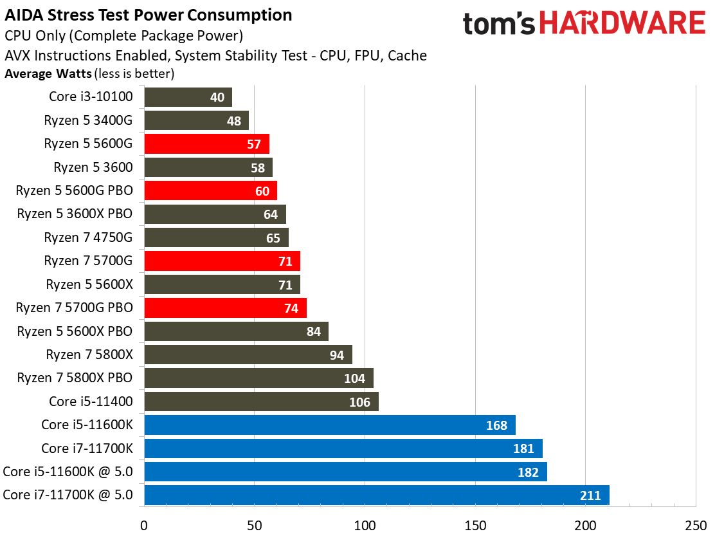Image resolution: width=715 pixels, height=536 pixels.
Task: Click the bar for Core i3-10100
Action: point(188,97)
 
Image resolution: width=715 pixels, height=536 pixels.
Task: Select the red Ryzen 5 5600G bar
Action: point(206,143)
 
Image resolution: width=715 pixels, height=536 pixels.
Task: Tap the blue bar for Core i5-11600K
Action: point(330,425)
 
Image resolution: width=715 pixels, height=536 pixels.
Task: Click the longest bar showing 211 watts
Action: point(376,495)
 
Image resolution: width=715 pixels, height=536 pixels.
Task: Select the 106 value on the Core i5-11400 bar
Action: point(360,402)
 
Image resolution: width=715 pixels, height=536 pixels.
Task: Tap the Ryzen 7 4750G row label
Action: point(88,237)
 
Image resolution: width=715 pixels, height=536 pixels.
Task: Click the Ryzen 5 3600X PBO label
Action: point(75,214)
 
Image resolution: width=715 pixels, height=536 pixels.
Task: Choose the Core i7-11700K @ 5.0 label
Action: point(68,495)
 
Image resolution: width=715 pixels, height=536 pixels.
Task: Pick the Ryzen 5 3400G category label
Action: point(88,120)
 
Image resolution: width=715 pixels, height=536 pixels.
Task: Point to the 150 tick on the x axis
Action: point(475,524)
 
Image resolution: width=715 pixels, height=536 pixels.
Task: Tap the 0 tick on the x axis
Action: point(144,524)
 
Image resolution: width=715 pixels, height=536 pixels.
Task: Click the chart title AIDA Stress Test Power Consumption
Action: point(148,15)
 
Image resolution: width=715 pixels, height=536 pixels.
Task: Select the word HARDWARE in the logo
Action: point(622,24)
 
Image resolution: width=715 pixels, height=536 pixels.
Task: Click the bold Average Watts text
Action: point(48,73)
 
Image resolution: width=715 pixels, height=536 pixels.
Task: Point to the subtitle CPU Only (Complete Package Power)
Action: point(123,36)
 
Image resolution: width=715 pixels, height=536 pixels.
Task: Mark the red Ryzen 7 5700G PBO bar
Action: point(225,308)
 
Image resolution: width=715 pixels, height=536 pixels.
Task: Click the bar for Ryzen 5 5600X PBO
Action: point(236,331)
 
